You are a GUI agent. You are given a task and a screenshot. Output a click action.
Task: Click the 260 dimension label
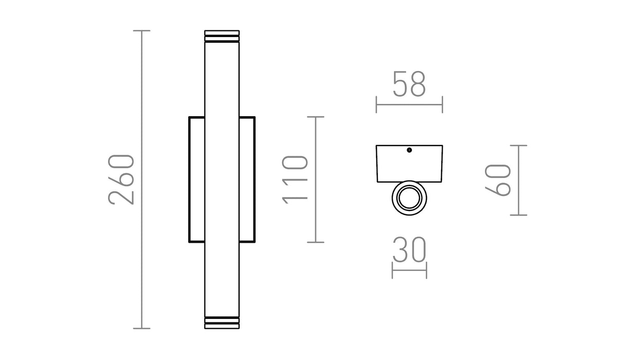[x=121, y=179]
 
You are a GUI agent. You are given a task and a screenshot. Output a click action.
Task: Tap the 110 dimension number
[x=295, y=179]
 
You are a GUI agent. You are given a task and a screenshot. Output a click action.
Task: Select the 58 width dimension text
[x=409, y=84]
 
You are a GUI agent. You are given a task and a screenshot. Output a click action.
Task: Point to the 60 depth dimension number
[x=498, y=180]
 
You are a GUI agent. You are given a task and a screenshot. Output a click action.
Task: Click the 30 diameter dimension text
[x=409, y=249]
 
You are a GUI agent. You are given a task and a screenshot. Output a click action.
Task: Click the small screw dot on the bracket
[x=409, y=150]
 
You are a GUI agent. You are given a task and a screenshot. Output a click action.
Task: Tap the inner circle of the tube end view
[x=409, y=198]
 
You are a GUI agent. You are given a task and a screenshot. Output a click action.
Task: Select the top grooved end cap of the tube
[x=222, y=37]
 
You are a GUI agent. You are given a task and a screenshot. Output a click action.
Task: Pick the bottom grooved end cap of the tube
[x=222, y=322]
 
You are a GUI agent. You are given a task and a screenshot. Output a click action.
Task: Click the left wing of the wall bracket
[x=196, y=179]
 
